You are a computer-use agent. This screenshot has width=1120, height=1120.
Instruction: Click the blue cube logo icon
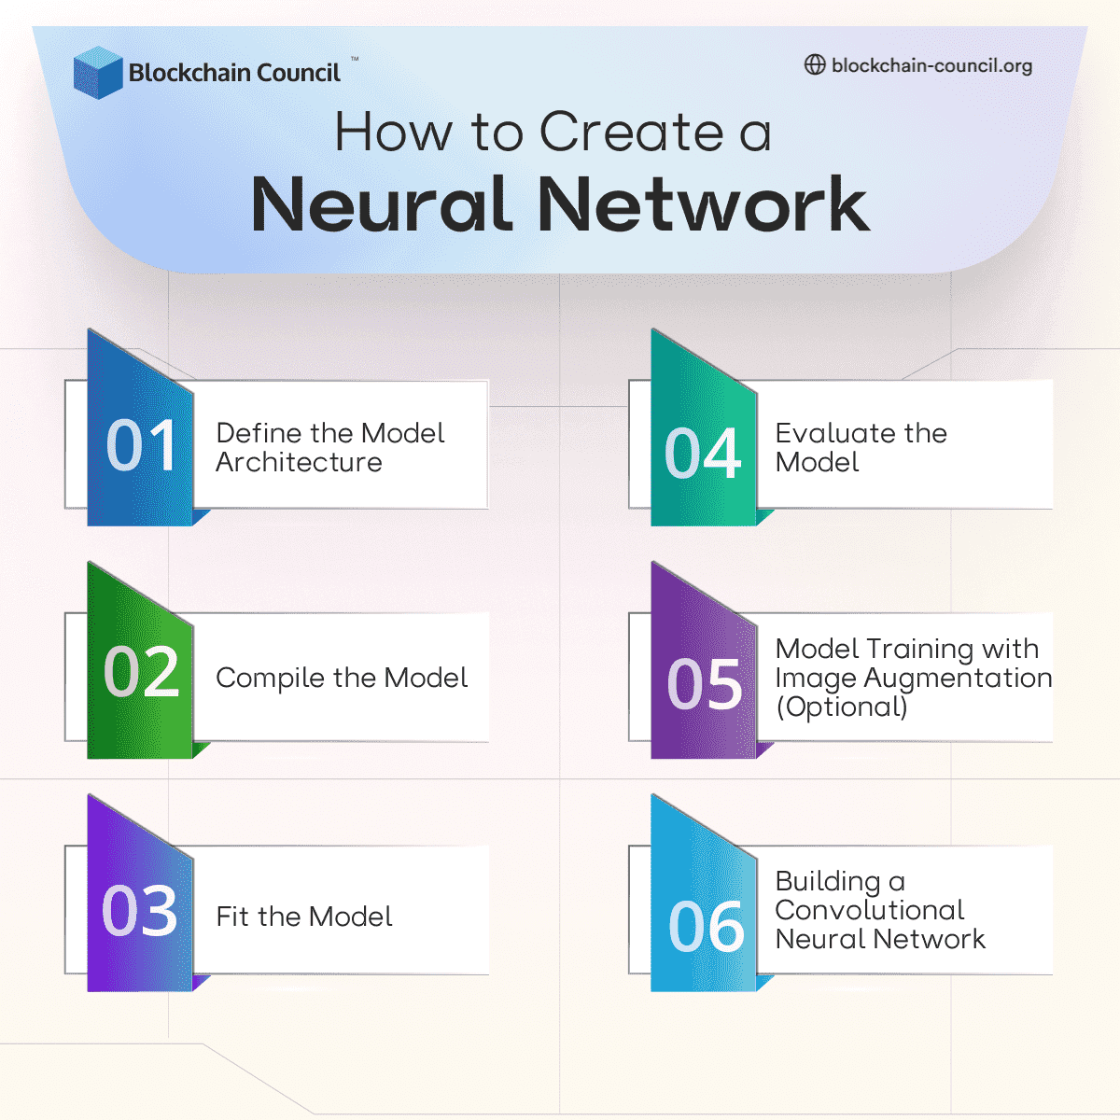[x=98, y=73]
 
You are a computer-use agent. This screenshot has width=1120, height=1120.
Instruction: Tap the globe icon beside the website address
[x=815, y=65]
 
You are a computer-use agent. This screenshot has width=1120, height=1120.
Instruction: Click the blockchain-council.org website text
[x=931, y=66]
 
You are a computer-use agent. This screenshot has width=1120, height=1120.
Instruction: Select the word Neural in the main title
[x=383, y=204]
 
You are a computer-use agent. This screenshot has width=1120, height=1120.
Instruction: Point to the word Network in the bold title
[x=704, y=204]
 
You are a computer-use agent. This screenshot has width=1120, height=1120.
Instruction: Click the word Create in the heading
[x=632, y=132]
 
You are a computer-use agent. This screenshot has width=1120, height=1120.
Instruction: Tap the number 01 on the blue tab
[x=141, y=445]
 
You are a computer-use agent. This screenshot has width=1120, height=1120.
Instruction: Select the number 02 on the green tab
[x=141, y=672]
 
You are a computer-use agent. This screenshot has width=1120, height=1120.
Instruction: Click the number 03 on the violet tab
[x=140, y=911]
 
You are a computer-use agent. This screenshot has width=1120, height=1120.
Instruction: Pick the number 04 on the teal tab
[x=703, y=455]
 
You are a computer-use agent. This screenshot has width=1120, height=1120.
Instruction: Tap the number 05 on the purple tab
[x=705, y=684]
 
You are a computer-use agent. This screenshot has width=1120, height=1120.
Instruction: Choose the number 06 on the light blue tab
[x=707, y=927]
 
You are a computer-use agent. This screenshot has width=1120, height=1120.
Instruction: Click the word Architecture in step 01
[x=299, y=462]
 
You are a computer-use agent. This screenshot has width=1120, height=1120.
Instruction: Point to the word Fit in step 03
[x=232, y=917]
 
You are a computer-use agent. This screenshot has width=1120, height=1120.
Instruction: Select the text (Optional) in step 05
[x=842, y=707]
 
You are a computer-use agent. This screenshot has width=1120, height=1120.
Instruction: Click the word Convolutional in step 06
[x=870, y=910]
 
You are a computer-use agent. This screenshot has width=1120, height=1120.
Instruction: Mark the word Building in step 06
[x=828, y=882]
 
